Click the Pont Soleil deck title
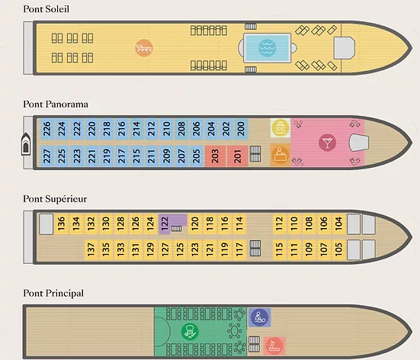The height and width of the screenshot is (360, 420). pos(46,9)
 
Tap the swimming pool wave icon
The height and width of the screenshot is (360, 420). pos(267,48)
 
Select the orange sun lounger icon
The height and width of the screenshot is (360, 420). pos(144,48)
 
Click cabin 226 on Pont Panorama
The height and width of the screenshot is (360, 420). pos(46,129)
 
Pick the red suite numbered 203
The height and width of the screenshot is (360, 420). pos(215,156)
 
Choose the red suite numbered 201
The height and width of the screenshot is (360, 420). pos(238,156)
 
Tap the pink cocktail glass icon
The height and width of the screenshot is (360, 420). pos(327,143)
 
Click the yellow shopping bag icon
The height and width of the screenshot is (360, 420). pos(281,127)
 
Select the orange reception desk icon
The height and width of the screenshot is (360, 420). pos(281,155)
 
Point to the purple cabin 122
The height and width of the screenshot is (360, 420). pos(165,224)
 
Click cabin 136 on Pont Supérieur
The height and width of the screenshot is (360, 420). pos(61,223)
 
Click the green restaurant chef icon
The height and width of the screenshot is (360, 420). pos(190,331)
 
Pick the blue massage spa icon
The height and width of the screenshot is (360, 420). pos(259,317)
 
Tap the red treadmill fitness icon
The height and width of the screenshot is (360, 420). pos(274,346)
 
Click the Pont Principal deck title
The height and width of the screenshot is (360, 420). pos(53,293)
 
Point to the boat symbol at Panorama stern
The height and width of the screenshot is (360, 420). pos(26,144)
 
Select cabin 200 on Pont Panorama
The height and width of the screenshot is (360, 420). pos(241,129)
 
